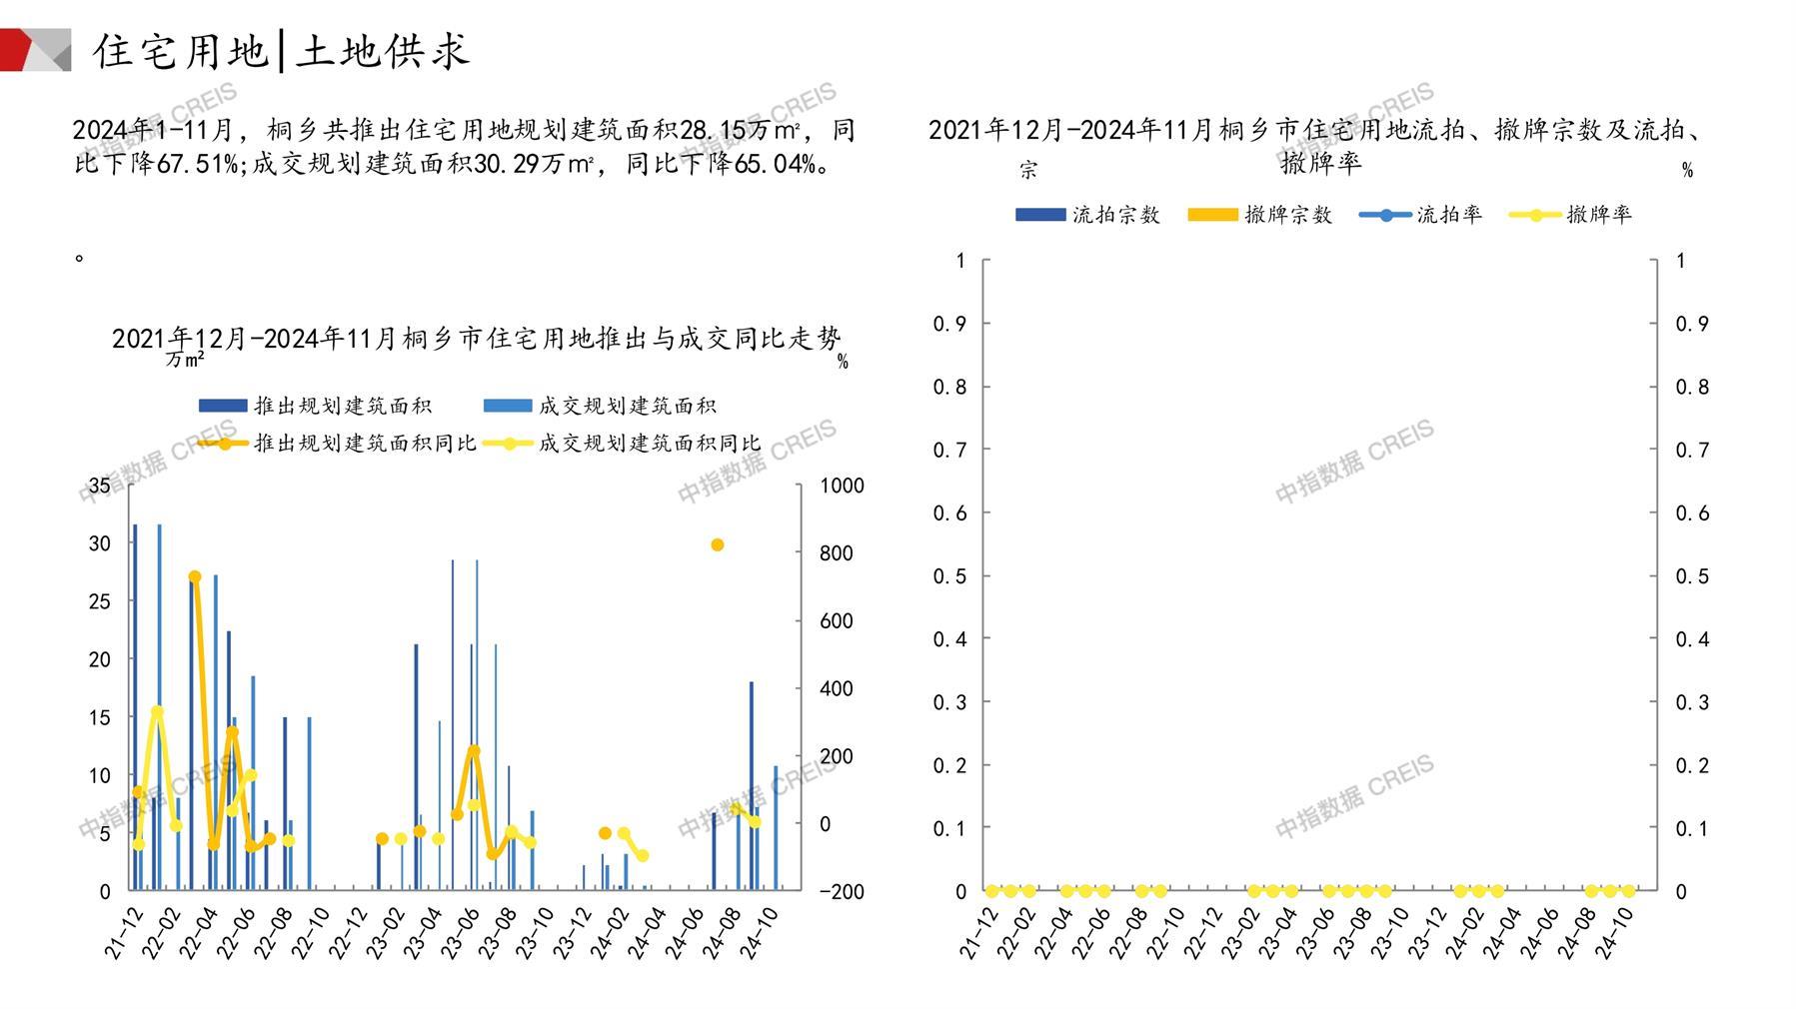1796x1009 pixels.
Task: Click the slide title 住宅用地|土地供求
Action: [x=282, y=51]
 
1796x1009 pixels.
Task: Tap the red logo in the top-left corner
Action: [x=35, y=50]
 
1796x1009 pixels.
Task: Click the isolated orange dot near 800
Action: [x=717, y=544]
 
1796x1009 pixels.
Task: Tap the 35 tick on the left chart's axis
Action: [x=100, y=486]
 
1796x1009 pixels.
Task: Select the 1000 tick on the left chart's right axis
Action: [x=842, y=486]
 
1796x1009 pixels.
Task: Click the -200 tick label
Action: [x=842, y=891]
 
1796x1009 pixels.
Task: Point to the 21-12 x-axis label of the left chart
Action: [x=124, y=934]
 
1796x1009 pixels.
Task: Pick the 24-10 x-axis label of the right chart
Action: [x=1615, y=934]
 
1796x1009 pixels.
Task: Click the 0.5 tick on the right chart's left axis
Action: [x=948, y=576]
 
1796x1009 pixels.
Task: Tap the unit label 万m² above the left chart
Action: [x=185, y=359]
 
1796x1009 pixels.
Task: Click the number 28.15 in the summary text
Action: [x=713, y=130]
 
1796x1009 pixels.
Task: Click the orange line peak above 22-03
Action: [x=195, y=577]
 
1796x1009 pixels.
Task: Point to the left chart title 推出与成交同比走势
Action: [x=476, y=339]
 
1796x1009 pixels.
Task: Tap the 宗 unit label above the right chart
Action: [x=1027, y=171]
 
